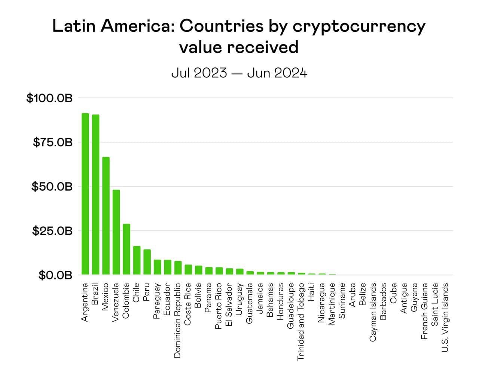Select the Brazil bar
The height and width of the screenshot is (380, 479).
tap(95, 194)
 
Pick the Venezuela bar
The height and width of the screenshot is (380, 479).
tap(116, 232)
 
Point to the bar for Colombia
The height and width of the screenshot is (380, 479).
tap(126, 249)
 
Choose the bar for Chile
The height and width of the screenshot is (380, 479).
tap(137, 260)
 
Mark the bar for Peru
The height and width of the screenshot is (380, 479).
tap(147, 262)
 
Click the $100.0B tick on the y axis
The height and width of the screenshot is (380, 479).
tap(49, 98)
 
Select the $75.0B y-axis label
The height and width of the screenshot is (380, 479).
tap(52, 142)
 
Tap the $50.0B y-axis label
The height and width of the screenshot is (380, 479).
tap(51, 187)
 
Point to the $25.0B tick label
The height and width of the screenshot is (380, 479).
tap(52, 231)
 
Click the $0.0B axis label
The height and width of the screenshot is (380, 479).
tap(55, 275)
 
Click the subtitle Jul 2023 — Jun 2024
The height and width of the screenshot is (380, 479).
tap(239, 73)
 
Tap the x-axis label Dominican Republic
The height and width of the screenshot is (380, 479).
tap(178, 320)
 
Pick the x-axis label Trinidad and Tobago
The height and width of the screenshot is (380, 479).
tap(301, 322)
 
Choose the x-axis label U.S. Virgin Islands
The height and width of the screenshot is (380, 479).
tap(445, 317)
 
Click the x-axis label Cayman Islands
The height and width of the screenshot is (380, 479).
tap(373, 312)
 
